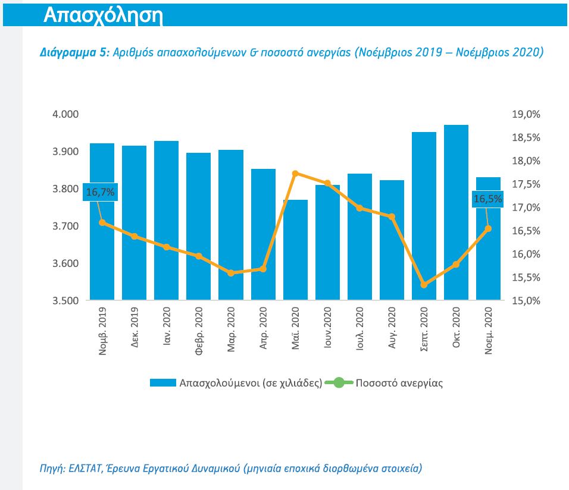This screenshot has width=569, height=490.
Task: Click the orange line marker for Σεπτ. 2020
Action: click(x=424, y=285)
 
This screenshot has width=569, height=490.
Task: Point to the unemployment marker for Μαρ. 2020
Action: click(x=231, y=273)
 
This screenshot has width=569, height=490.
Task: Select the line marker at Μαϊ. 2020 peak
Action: click(x=295, y=173)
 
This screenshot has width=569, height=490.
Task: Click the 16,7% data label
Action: click(x=100, y=192)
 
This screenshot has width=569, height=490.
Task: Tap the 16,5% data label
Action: click(x=487, y=199)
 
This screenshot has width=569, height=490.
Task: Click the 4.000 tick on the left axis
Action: click(x=66, y=114)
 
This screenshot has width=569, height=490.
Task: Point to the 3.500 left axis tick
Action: click(x=66, y=301)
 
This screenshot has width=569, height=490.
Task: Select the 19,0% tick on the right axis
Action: click(x=526, y=114)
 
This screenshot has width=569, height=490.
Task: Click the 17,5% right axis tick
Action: click(x=526, y=184)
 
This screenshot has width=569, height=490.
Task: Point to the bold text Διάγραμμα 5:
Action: click(x=74, y=52)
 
